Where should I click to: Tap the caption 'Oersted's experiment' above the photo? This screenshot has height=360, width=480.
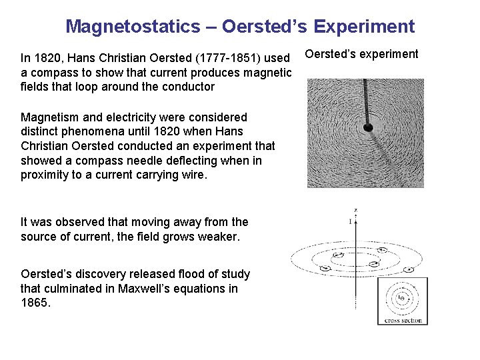361,54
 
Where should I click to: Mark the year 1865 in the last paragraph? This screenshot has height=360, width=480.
35,303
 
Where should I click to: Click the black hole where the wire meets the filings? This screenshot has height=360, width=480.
367,127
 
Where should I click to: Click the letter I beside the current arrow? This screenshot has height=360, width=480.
350,221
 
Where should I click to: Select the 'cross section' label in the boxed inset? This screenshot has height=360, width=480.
403,321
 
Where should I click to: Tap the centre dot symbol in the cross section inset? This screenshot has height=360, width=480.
401,298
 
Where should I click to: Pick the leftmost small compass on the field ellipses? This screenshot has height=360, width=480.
325,268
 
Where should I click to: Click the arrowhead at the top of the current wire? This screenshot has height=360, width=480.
356,215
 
